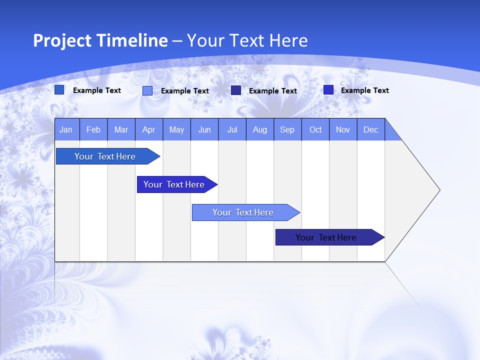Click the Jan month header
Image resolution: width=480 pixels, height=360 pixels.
[x=66, y=129]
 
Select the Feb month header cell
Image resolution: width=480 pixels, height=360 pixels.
[x=93, y=129]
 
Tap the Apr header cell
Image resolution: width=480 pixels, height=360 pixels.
[x=149, y=129]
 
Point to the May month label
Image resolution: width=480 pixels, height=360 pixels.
[x=176, y=129]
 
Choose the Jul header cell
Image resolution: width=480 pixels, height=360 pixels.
[x=232, y=129]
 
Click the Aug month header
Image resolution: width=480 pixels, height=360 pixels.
[x=260, y=129]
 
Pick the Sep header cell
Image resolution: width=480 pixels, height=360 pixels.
[x=287, y=129]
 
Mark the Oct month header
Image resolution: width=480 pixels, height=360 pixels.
[x=315, y=129]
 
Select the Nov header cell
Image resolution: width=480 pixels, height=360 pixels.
[x=343, y=129]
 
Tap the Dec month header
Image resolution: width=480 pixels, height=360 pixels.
[x=371, y=129]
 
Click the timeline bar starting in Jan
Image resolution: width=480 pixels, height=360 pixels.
[x=105, y=156]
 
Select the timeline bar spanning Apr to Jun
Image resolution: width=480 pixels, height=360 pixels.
[x=174, y=184]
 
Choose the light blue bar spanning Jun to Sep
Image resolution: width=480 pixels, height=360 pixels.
[x=243, y=212]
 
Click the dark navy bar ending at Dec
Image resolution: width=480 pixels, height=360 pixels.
[x=326, y=237]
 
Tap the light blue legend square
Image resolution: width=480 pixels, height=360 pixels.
[x=147, y=90]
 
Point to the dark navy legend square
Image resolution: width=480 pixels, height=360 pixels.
[x=236, y=90]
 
